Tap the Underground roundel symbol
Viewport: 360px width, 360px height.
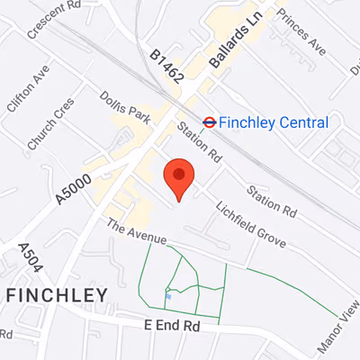pyautogui.click(x=209, y=121)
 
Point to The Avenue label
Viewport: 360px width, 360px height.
pyautogui.click(x=136, y=231)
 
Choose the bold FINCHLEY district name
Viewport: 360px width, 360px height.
pyautogui.click(x=57, y=294)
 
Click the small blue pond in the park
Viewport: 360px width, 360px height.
pyautogui.click(x=168, y=295)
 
